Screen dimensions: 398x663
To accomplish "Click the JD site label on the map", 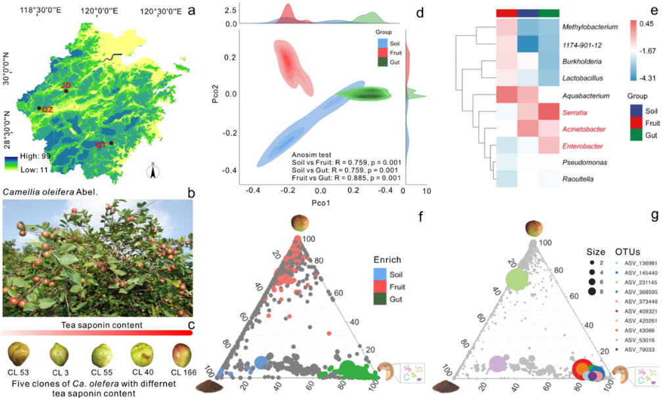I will click(x=66, y=86).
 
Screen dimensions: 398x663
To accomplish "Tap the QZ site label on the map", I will click(x=47, y=110).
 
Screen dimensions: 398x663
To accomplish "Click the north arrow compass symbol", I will click(x=152, y=171).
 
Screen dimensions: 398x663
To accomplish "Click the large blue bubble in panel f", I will click(x=261, y=362).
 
